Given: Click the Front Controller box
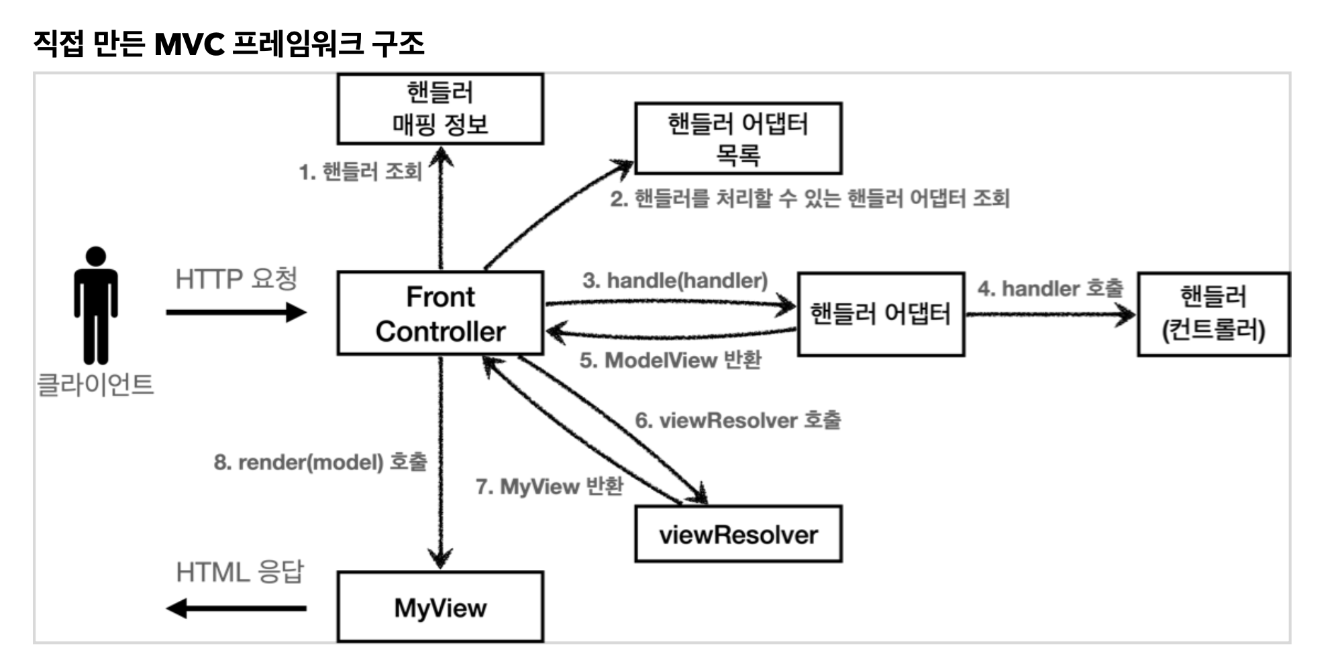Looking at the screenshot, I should (x=440, y=314).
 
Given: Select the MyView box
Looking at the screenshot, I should (x=440, y=607).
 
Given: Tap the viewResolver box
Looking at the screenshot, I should (x=738, y=534).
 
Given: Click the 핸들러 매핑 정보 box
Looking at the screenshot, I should (x=440, y=109).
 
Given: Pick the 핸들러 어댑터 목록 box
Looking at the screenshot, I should (x=738, y=139).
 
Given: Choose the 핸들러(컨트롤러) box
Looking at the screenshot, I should (x=1213, y=314).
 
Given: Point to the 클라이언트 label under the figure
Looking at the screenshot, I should (x=95, y=385).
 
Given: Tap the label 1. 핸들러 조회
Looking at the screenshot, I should (x=360, y=172).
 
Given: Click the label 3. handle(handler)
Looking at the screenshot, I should (x=675, y=280).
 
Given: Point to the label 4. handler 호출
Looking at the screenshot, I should (x=1050, y=289).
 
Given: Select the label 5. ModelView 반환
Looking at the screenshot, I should (x=670, y=360).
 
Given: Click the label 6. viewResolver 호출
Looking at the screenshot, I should (x=737, y=420).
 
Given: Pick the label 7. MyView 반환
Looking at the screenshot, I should (x=550, y=486).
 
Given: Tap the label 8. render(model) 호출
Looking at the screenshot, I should (x=320, y=462).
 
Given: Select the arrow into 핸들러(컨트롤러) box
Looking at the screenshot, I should (x=1050, y=314).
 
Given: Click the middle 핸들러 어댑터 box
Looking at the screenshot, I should (x=880, y=314).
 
